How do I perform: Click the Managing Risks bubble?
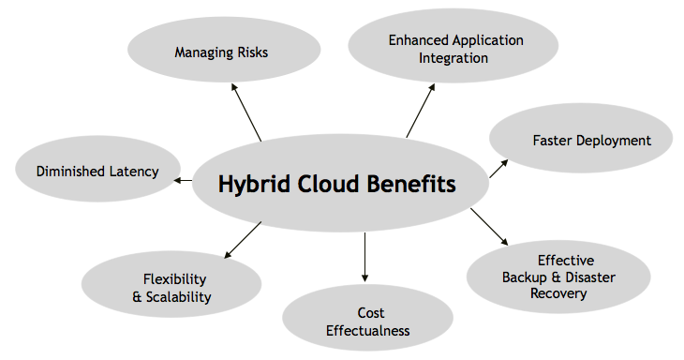click(x=221, y=52)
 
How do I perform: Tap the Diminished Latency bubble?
click(x=97, y=171)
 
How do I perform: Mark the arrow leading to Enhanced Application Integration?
click(x=420, y=111)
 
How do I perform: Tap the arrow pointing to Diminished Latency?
click(x=183, y=180)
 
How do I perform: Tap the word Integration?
click(x=454, y=57)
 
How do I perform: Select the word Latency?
click(x=134, y=171)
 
